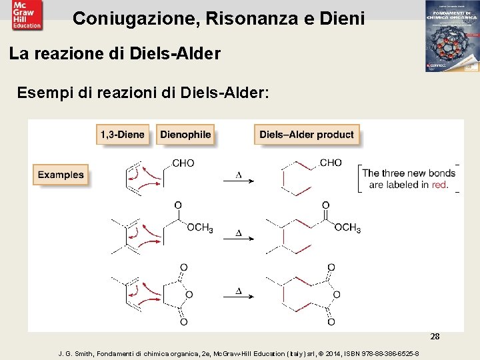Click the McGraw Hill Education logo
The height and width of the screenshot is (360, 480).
point(26,15)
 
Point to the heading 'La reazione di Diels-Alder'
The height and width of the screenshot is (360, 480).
point(115,53)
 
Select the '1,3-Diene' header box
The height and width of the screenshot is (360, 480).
point(122,135)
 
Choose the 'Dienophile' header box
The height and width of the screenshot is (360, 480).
point(185,135)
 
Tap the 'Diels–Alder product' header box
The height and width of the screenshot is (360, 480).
point(306,135)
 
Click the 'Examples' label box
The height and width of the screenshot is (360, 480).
point(61,175)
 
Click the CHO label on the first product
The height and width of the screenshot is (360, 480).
point(330,163)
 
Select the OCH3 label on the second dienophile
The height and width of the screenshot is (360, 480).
point(199,229)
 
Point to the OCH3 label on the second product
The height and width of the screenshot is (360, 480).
point(347,229)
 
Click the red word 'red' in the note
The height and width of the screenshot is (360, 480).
point(439,185)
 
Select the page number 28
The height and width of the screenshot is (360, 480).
point(435,337)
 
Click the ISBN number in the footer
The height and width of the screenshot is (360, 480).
point(385,353)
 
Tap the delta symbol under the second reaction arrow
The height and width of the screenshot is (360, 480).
point(238,233)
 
